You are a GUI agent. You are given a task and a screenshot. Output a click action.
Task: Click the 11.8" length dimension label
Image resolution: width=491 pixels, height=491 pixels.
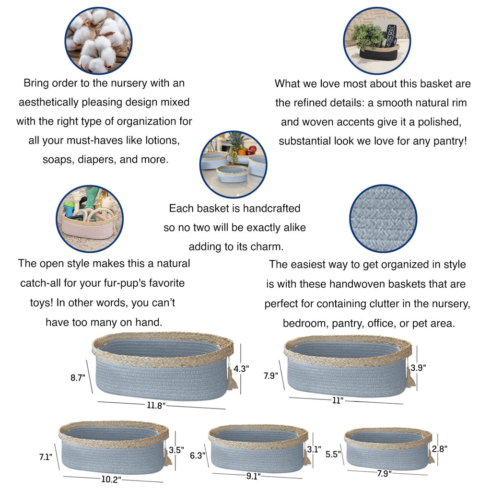156,406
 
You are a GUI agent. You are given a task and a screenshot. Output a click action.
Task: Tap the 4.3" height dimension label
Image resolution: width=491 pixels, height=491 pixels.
241,369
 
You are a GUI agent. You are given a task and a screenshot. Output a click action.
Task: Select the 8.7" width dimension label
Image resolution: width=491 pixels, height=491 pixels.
78,378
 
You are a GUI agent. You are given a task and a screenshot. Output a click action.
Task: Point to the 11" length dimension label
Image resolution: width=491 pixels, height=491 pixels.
338,400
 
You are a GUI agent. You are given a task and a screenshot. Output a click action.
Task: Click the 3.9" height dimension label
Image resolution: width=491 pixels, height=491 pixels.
418,368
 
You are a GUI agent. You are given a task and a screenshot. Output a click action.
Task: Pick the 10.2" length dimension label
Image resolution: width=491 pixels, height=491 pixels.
111,479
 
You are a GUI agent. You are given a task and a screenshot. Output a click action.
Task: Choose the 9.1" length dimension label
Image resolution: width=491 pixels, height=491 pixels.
253,476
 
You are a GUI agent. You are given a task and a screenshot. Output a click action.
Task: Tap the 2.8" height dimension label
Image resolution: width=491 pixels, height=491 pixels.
440,449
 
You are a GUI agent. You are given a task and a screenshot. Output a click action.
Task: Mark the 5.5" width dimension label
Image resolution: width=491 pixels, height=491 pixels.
333,454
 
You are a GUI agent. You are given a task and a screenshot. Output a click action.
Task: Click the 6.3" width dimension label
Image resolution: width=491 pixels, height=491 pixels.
198,456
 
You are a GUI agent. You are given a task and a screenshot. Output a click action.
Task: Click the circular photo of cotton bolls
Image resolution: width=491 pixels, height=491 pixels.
98,41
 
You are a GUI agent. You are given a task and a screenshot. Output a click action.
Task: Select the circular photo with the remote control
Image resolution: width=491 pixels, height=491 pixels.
377,41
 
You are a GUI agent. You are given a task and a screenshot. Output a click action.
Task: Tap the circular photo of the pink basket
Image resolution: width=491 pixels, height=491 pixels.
90,219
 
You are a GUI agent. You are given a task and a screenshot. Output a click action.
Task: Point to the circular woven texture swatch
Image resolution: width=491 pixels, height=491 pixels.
383,219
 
